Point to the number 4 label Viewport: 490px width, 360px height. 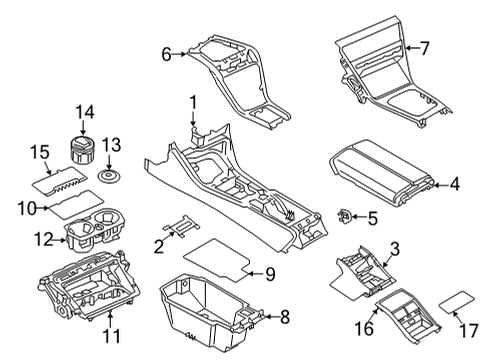click(455, 183)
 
